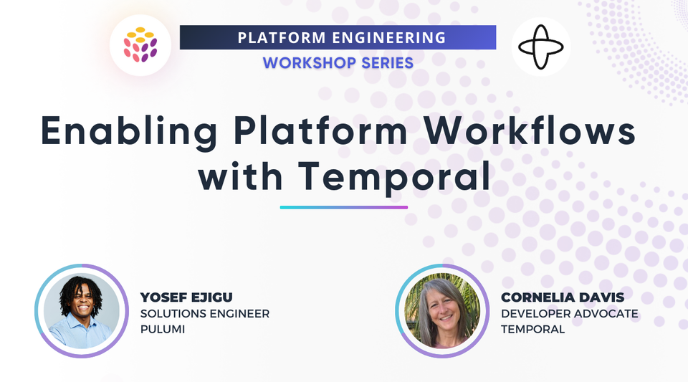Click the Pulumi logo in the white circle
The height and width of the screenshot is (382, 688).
[x=140, y=45]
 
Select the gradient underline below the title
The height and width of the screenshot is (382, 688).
[x=344, y=207]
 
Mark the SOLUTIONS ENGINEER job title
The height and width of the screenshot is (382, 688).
[x=205, y=313]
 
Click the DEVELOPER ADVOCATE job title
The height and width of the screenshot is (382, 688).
[x=570, y=313]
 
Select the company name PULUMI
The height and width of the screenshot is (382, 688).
[x=162, y=329]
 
